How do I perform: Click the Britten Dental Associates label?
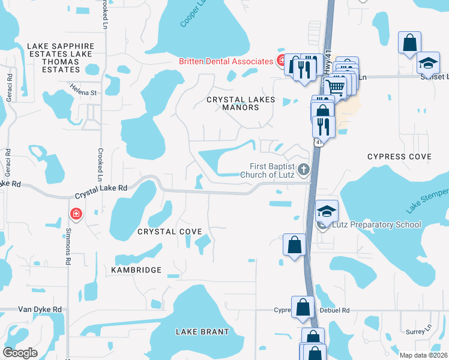point(226,61)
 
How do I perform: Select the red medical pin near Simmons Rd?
point(76,214)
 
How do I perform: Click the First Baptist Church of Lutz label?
point(273,170)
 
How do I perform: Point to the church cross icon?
point(304,170)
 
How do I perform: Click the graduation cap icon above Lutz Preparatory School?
point(327,211)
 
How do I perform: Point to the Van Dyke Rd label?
point(40,309)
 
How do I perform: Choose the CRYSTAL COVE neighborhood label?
point(169,232)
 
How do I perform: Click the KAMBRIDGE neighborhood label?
point(136,270)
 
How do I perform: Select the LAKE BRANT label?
point(202,332)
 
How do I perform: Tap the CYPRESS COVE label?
point(399,157)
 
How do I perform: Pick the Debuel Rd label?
point(337,311)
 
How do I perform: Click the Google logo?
point(20,353)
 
